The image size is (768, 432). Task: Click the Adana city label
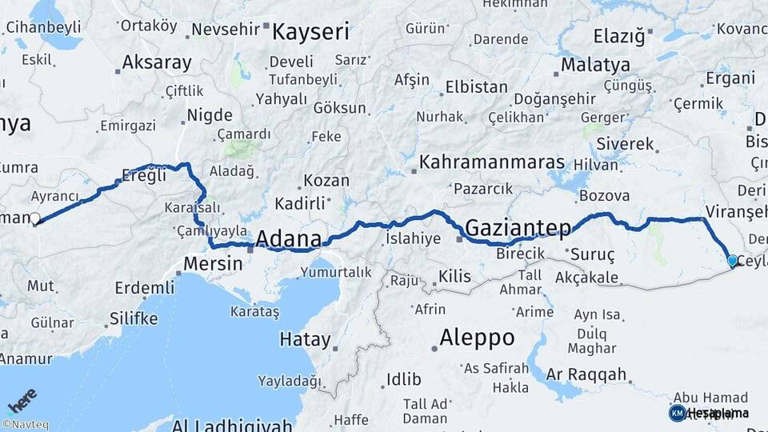[x=288, y=238]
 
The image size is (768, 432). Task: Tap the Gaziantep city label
[x=518, y=228]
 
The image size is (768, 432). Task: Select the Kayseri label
[x=310, y=32]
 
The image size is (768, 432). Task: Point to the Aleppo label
[x=478, y=338]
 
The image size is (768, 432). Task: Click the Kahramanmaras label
[x=492, y=162]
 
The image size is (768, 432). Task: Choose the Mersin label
[x=213, y=263]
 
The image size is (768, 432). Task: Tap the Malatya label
[x=595, y=65]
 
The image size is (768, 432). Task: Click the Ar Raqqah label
[x=586, y=374]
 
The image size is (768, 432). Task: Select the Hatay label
[x=305, y=339]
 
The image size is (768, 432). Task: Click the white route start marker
[x=34, y=218]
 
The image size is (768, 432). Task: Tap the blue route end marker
[x=732, y=260]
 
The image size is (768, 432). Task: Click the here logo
[x=22, y=399]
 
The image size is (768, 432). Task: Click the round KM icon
[x=677, y=413]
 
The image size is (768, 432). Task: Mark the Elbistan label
[x=476, y=86]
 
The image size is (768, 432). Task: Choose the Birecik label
[x=520, y=254]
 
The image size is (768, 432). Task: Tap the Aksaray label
[x=157, y=62]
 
